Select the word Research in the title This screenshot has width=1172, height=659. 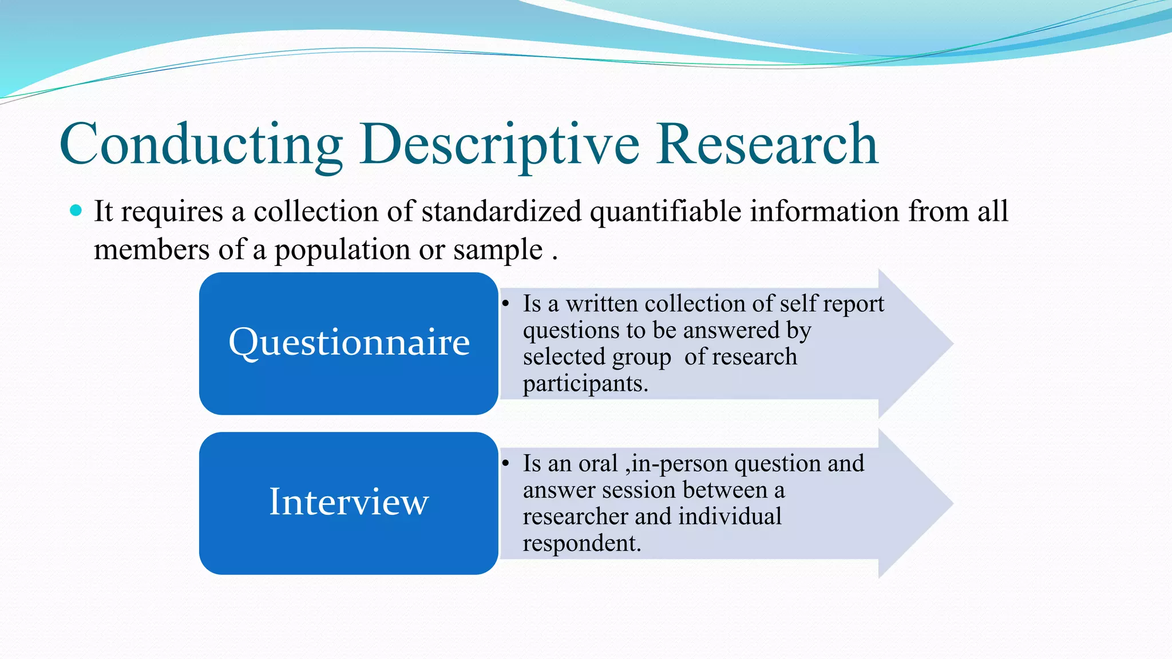tap(767, 144)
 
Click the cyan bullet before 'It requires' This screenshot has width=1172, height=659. tap(76, 211)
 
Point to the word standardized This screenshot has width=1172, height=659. tap(501, 211)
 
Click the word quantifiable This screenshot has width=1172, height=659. tap(666, 211)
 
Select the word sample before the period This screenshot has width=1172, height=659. tap(498, 250)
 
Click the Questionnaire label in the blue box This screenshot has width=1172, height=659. tap(349, 342)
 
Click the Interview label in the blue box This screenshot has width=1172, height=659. tap(349, 502)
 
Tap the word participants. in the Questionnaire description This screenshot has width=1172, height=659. tap(585, 383)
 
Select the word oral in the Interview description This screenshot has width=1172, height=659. tap(598, 463)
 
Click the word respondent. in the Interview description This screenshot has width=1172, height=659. tap(581, 543)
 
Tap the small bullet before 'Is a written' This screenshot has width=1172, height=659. tap(506, 304)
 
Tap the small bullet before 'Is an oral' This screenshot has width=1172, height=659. tap(506, 463)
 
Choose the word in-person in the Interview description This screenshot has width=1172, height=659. tap(678, 463)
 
